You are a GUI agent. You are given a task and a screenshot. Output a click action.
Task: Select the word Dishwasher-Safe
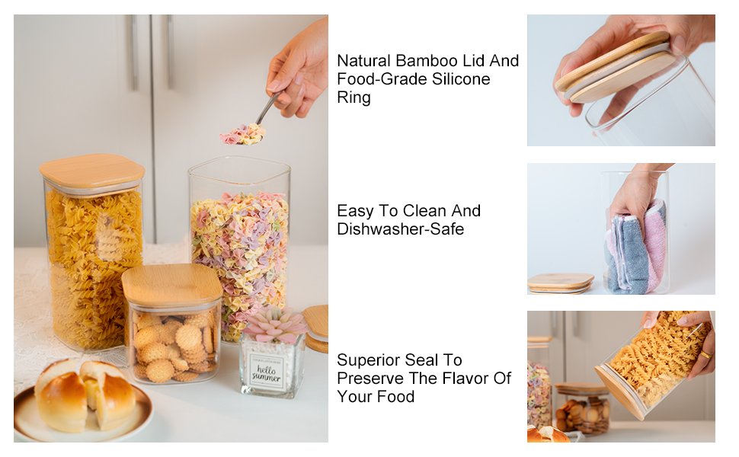[x=400, y=229]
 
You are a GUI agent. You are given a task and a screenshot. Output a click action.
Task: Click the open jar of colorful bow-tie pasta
[x=239, y=244]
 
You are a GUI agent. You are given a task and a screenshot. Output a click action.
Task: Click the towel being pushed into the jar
[x=635, y=248]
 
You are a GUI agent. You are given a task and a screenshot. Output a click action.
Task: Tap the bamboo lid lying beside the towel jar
[x=560, y=283]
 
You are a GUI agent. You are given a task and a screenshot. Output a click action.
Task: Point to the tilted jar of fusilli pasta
[x=651, y=366]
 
